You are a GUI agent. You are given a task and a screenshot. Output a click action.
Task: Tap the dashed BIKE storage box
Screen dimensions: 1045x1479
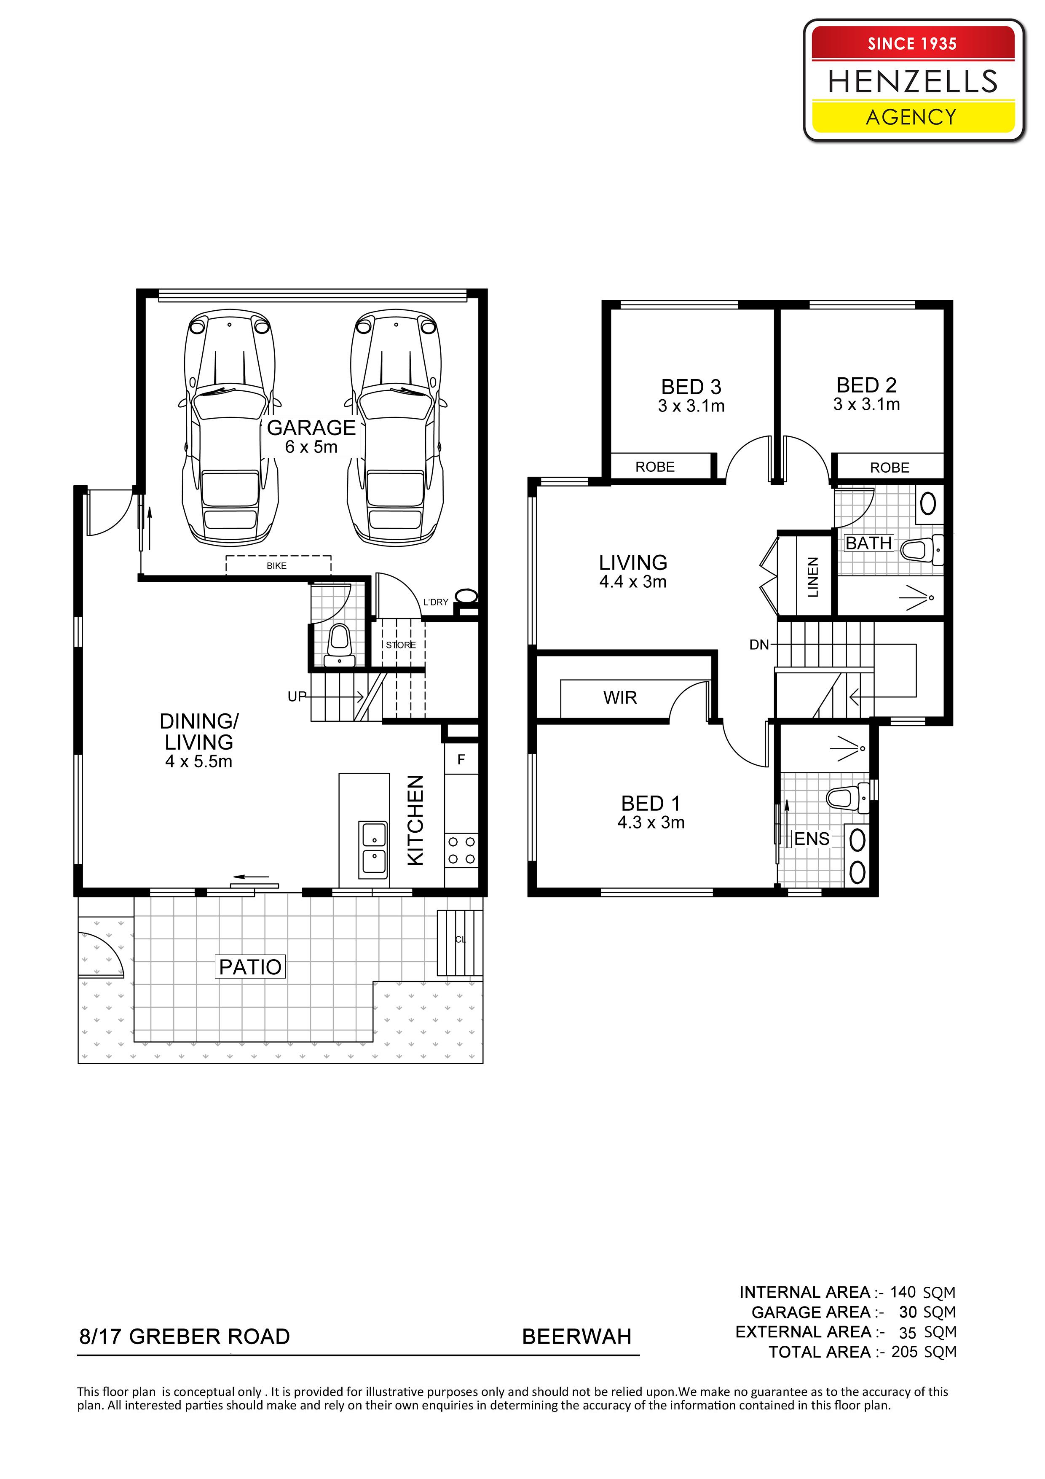tap(278, 565)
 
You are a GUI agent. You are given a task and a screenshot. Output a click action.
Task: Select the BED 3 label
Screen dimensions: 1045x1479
tap(691, 387)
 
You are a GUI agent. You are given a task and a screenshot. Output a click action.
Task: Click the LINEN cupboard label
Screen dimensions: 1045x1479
tap(812, 577)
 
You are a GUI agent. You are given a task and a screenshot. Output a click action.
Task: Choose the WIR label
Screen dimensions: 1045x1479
tap(620, 698)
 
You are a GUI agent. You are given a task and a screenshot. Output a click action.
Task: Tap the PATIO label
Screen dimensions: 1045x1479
tap(250, 967)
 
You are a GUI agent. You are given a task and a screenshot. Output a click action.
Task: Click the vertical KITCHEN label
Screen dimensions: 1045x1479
tap(416, 820)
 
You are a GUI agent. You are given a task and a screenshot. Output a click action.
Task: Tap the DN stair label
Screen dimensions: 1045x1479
tap(759, 645)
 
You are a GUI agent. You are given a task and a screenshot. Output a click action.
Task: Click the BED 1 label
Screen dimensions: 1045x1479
tap(650, 804)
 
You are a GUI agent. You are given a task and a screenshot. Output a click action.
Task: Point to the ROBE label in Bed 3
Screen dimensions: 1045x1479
tap(655, 467)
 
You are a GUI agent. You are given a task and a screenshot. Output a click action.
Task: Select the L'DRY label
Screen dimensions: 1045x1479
tap(435, 602)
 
